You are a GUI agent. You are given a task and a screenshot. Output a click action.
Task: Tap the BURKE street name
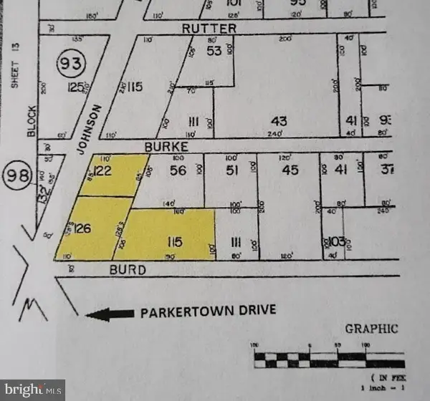[163, 145]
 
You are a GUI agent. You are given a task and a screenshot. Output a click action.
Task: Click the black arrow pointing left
[109, 313]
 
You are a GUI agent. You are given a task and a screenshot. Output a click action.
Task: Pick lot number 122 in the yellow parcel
[104, 170]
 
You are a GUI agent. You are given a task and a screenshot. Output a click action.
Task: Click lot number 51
[231, 170]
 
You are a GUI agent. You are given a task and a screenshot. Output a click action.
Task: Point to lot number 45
[290, 170]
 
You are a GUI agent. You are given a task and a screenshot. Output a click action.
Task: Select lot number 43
[279, 122]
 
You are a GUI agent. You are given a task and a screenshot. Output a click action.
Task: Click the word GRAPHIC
[371, 329]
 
